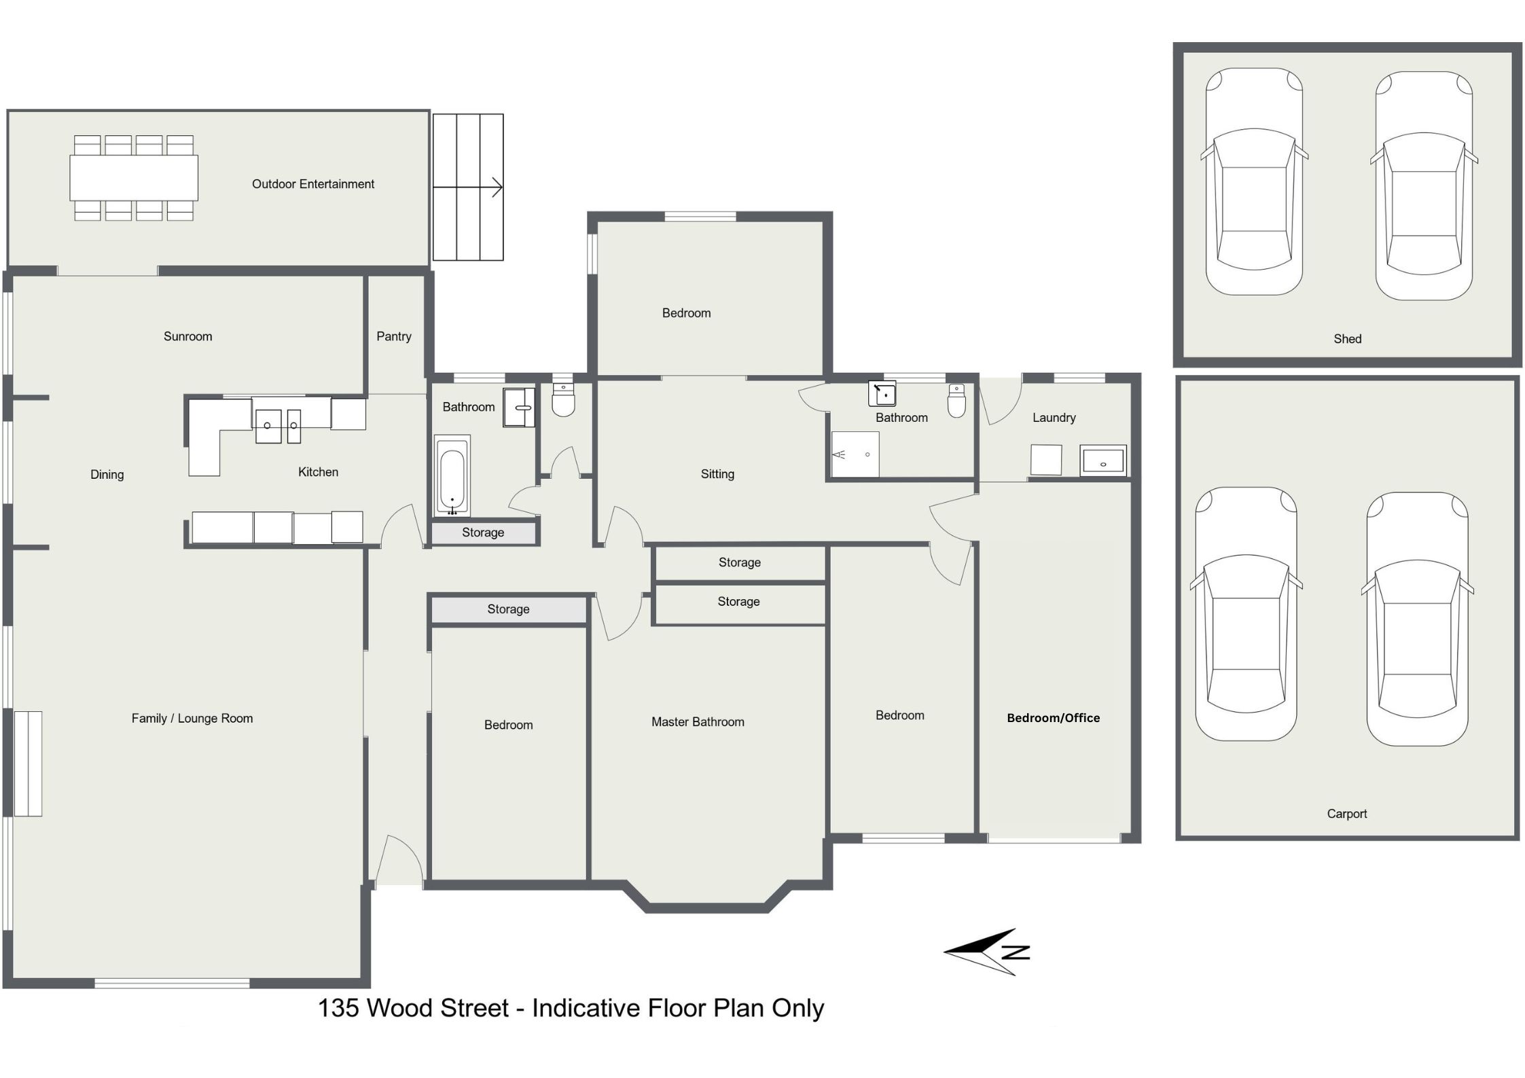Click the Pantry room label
point(394,336)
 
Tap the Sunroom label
point(188,336)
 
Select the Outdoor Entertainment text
point(313,184)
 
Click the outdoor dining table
point(134,177)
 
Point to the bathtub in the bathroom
point(452,475)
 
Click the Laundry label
point(1054,418)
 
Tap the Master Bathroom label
point(698,722)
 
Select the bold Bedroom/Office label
point(1053,718)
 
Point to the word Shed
point(1348,339)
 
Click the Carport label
point(1347,814)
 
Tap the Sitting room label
point(717,474)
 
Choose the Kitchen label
point(318,472)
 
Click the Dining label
point(107,475)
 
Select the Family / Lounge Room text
point(192,719)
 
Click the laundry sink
point(1103,461)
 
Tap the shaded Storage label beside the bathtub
point(483,533)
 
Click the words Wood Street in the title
point(437,1008)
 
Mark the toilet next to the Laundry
point(956,401)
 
